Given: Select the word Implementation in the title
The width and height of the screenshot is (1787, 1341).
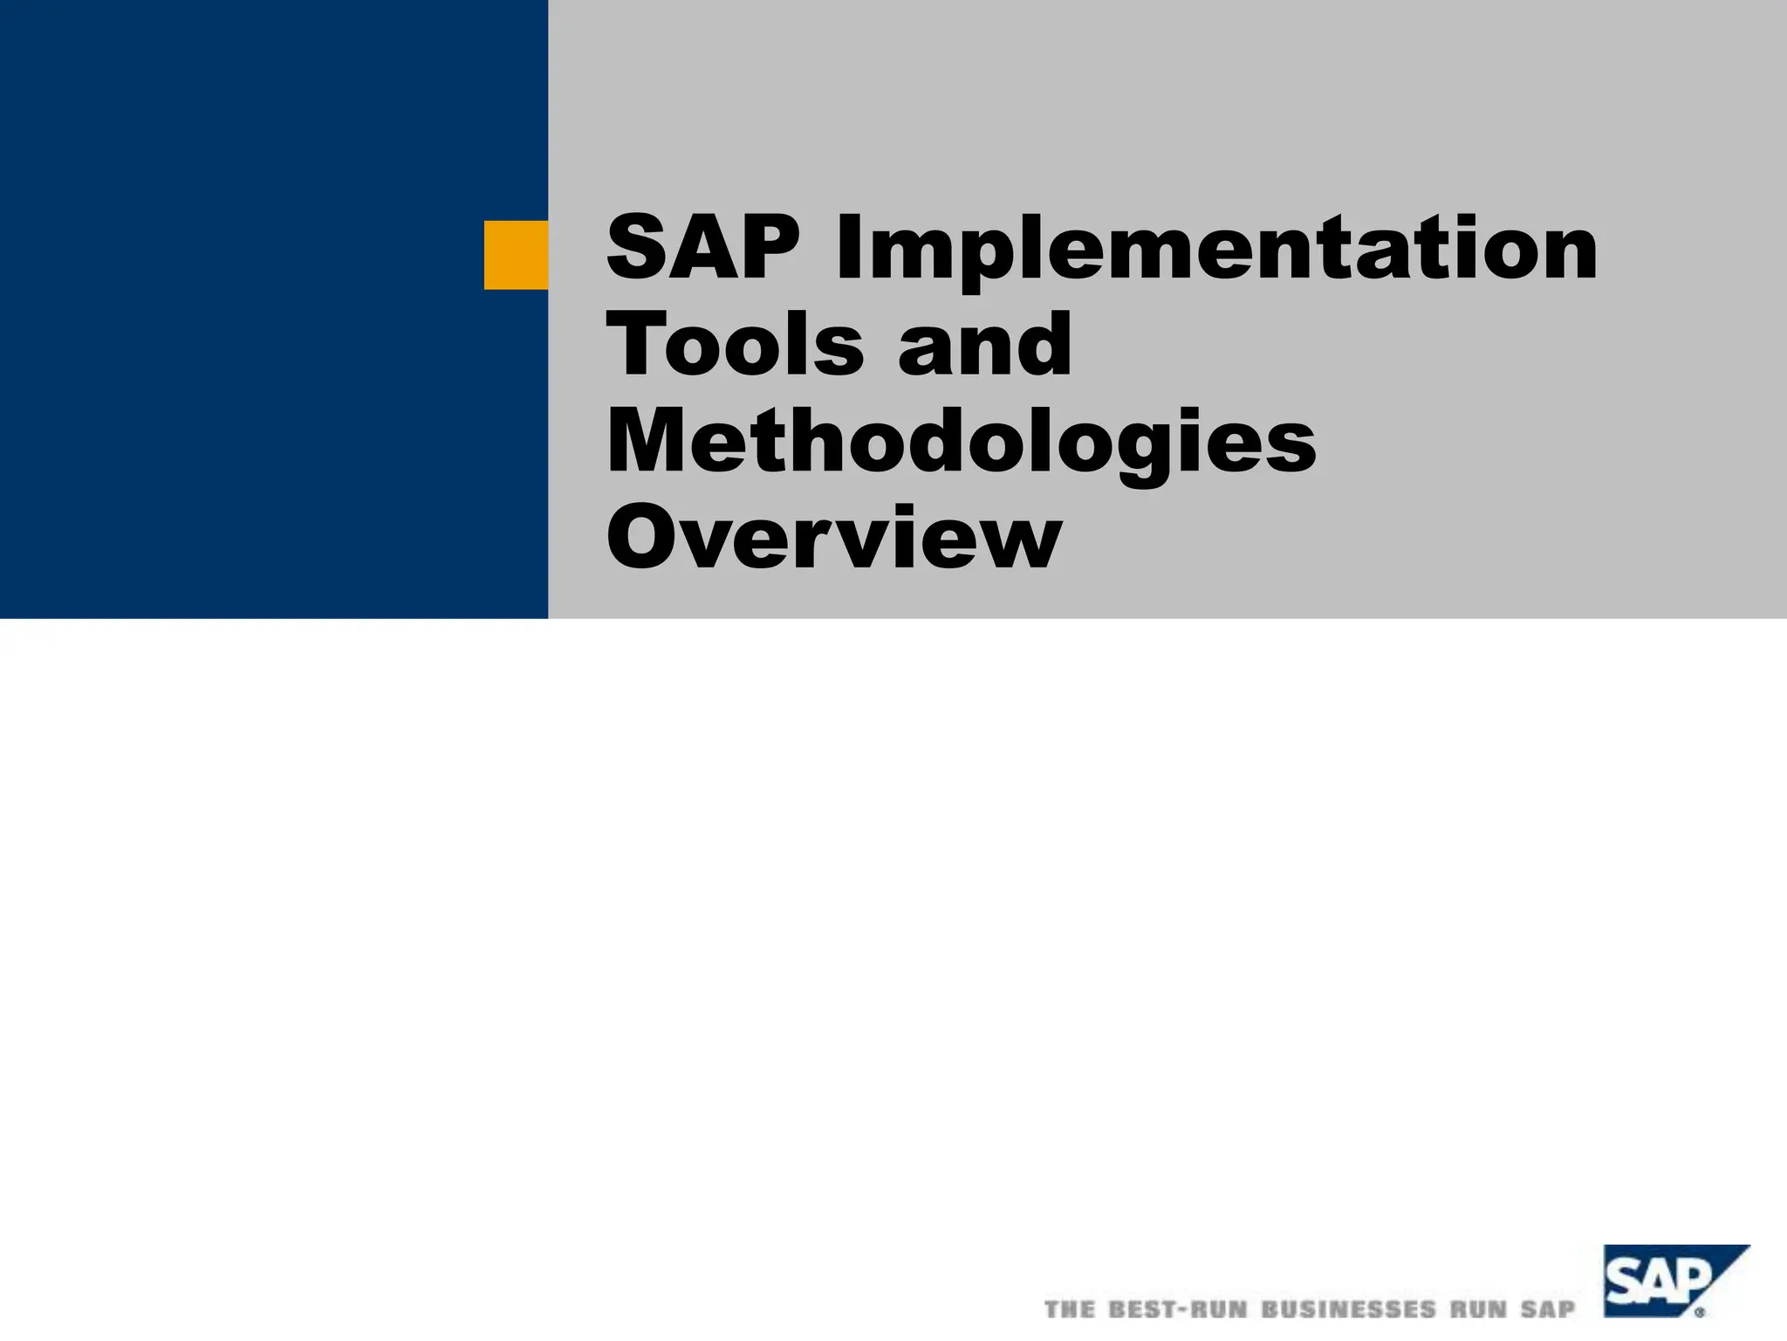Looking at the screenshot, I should click(1216, 251).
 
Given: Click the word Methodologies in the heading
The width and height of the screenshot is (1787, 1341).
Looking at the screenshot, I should click(961, 444).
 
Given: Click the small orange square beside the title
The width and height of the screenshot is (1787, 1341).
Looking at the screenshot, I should click(516, 255).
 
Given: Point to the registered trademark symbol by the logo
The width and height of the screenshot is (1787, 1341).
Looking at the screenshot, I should click(1700, 1311).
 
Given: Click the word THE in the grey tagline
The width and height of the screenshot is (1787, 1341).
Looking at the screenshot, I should click(1070, 1310).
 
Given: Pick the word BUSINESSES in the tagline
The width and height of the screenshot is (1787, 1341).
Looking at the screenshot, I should click(1348, 1310).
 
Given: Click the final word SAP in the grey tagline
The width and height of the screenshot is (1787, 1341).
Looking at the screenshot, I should click(1549, 1310).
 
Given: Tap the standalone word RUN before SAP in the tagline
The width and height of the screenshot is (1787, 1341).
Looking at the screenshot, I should click(1479, 1310).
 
